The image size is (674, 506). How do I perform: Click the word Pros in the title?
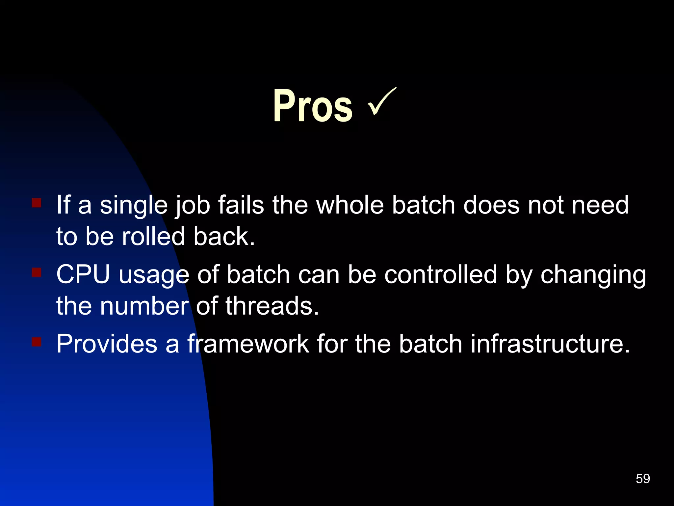click(x=313, y=106)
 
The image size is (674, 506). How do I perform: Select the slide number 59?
click(x=643, y=478)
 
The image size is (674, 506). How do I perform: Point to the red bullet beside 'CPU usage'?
click(x=37, y=272)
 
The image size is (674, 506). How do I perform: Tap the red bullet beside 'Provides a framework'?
click(x=37, y=342)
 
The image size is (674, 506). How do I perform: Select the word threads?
click(x=272, y=306)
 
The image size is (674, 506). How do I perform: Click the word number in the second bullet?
click(x=144, y=306)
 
